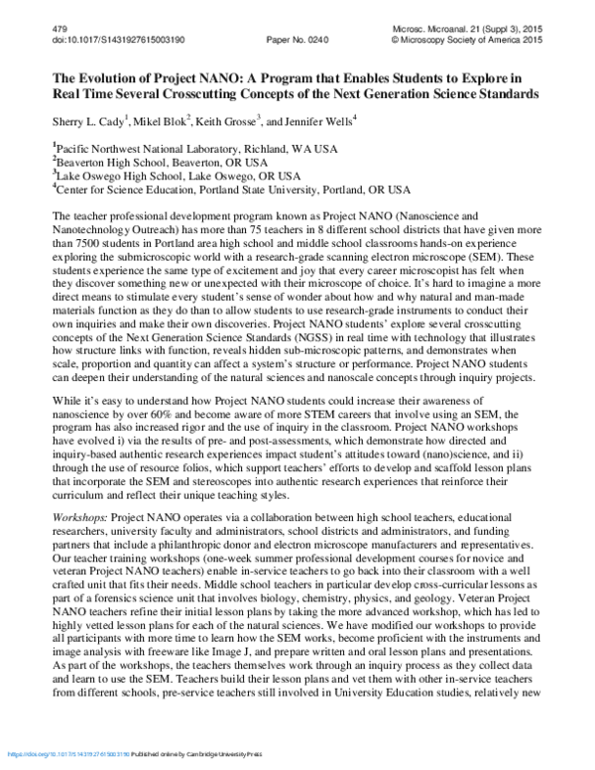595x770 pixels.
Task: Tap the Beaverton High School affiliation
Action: click(x=109, y=163)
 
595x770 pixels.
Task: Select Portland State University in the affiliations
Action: click(x=258, y=189)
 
